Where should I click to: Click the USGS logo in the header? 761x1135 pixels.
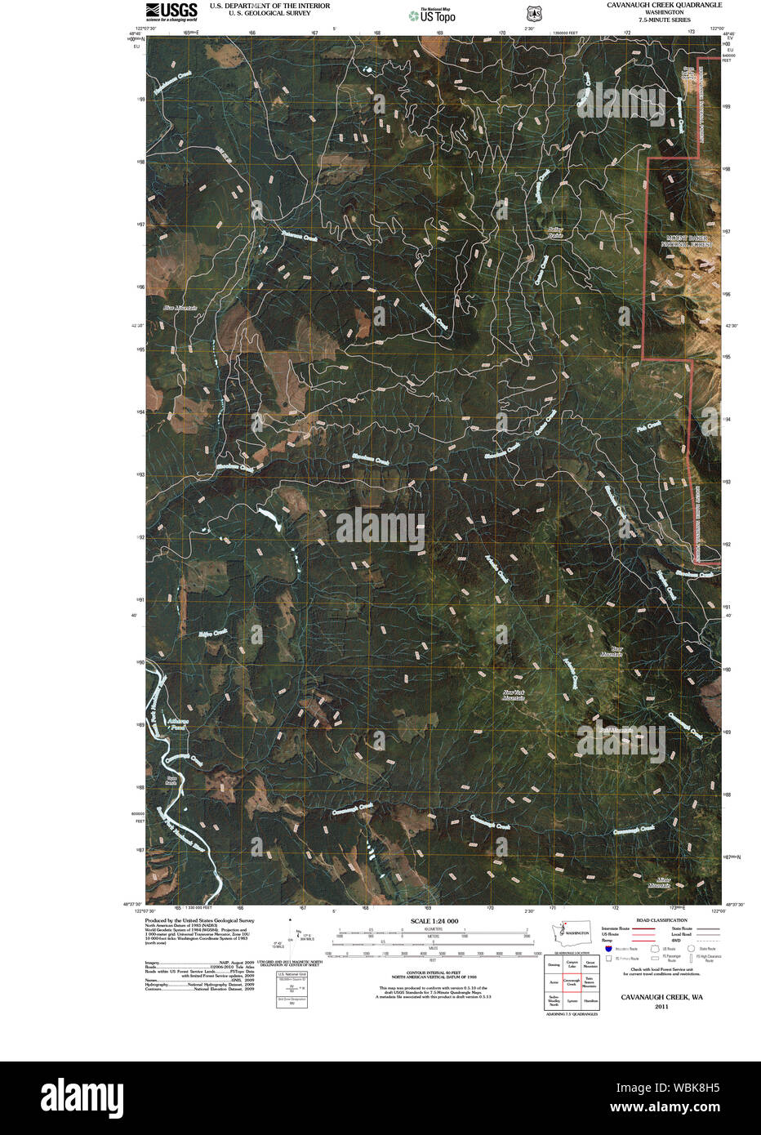171,11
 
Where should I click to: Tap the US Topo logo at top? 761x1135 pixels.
433,15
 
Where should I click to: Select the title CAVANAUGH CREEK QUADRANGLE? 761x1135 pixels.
664,5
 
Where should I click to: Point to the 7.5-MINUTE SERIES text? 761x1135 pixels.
664,20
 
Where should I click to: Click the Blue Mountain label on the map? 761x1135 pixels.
180,308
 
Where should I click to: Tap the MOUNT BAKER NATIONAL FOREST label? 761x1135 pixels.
687,241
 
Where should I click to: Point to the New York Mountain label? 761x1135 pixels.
514,696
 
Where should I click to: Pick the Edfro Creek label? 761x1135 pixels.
213,634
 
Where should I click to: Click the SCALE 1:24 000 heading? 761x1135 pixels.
434,921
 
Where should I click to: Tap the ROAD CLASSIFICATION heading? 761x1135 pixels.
661,920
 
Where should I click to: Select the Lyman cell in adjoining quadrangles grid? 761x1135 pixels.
572,1000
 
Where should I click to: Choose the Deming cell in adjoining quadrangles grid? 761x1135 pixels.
554,964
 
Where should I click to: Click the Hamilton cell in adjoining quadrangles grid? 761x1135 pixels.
590,1000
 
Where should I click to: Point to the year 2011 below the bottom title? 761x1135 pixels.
661,1007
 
